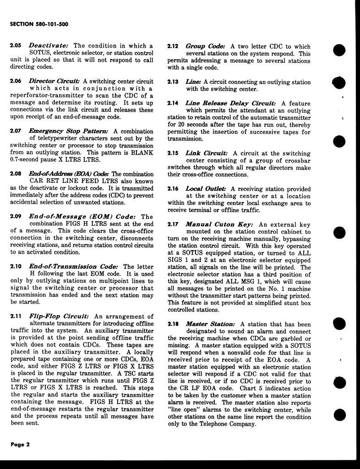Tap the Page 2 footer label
click(20, 444)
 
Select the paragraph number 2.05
click(16, 46)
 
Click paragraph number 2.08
click(16, 174)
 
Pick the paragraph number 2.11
click(16, 316)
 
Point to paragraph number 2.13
click(173, 82)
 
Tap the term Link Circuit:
click(207, 153)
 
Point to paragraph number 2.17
click(173, 224)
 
